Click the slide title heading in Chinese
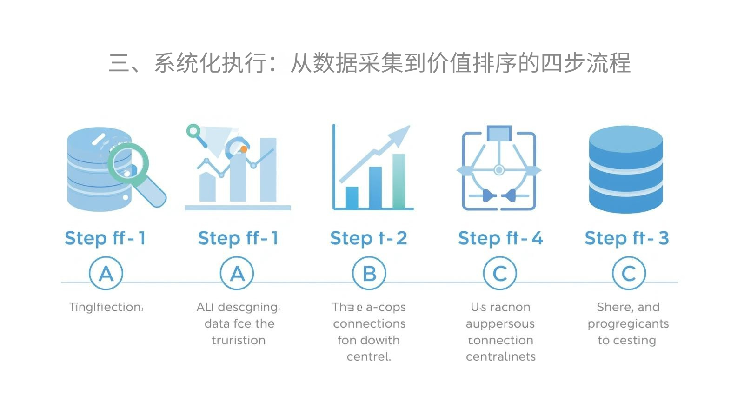click(370, 63)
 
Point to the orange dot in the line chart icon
click(244, 149)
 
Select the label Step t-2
click(368, 238)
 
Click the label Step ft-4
click(500, 238)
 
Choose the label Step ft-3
click(626, 238)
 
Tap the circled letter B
click(369, 274)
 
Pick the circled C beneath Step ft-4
click(500, 274)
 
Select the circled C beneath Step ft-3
click(629, 274)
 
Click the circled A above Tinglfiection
click(106, 274)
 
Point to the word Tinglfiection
click(106, 307)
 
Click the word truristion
click(239, 340)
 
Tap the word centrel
click(369, 357)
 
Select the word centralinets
click(500, 357)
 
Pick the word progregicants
click(628, 324)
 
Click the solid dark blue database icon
click(625, 169)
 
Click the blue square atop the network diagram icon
click(499, 133)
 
